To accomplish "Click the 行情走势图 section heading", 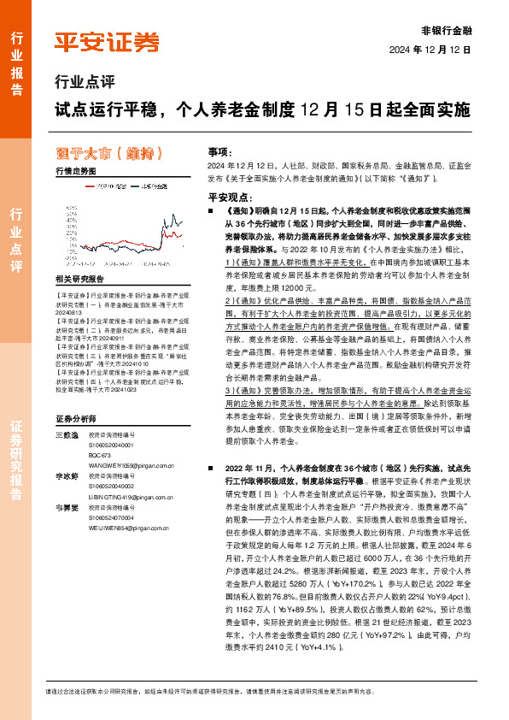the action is tap(75, 171).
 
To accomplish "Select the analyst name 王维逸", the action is tap(67, 435).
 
